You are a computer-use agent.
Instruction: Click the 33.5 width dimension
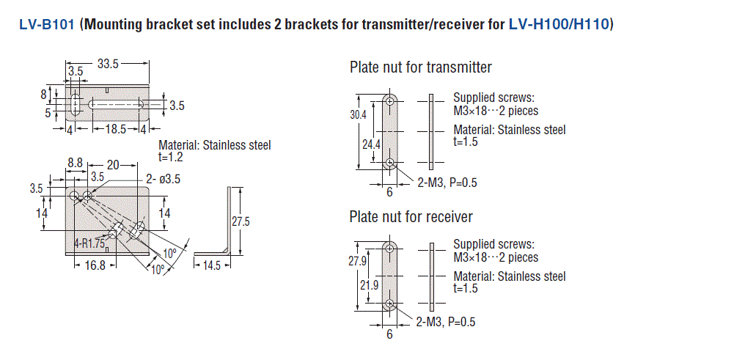pos(108,64)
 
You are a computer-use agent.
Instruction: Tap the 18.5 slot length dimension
pos(115,129)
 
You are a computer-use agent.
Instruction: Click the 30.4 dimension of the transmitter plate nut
pos(357,115)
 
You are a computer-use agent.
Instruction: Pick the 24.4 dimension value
pos(371,144)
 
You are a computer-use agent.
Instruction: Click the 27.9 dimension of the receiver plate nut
pos(357,262)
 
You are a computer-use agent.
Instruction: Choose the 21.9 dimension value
pos(371,285)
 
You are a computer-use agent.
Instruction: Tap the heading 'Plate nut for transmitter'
pos(421,67)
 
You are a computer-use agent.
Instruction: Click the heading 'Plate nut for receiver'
pos(411,216)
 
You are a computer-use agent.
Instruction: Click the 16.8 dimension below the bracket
pos(96,265)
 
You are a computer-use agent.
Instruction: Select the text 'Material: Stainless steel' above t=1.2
pos(214,145)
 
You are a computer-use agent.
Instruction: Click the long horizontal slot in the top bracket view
pos(115,106)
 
